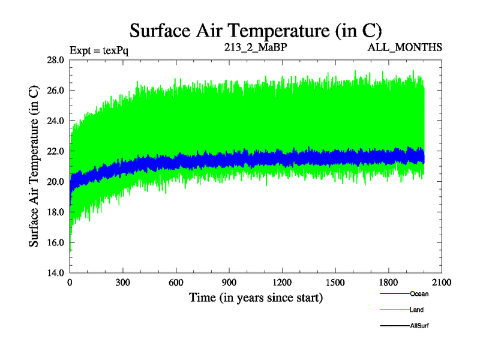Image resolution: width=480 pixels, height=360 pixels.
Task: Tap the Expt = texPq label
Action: click(99, 49)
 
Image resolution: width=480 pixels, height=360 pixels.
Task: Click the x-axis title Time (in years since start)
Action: click(256, 297)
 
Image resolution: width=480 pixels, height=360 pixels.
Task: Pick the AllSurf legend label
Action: click(419, 326)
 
